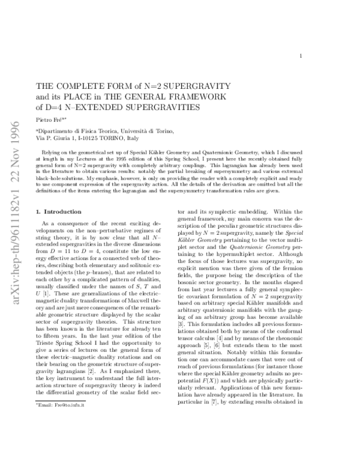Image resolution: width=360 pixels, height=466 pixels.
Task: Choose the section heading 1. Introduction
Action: [x=58, y=195]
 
